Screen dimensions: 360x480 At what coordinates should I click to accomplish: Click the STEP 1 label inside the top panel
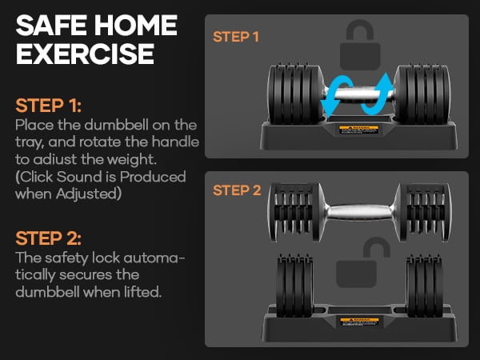coord(237,37)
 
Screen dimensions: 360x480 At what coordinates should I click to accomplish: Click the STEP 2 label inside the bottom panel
coord(237,190)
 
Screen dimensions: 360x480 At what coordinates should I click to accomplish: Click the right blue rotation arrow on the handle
coord(378,94)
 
